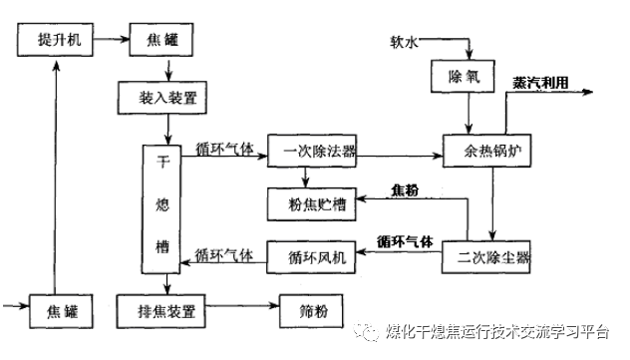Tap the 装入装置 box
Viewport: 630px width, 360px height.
click(167, 99)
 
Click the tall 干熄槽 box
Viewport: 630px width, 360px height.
click(165, 207)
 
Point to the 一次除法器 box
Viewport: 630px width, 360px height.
click(320, 154)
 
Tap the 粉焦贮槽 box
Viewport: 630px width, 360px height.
click(311, 204)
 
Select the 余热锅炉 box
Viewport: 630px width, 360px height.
click(486, 155)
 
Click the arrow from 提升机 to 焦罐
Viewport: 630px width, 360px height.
click(110, 42)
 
